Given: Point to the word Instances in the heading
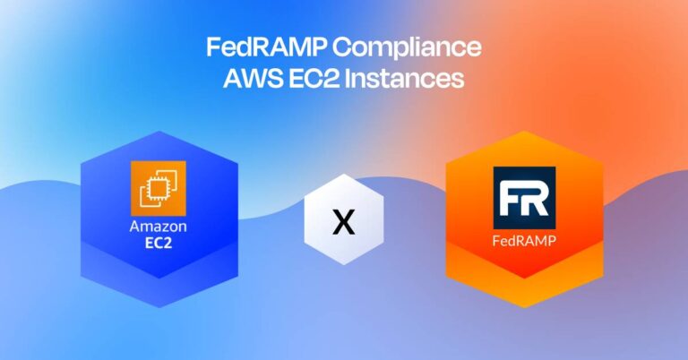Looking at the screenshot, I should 411,79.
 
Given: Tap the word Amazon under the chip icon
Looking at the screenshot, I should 158,227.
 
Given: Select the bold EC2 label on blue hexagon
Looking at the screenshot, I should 158,243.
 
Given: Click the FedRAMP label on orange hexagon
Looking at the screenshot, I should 524,242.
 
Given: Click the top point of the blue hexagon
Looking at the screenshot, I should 158,132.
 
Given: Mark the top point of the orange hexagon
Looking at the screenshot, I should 524,132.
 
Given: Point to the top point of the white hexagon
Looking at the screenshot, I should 343,175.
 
